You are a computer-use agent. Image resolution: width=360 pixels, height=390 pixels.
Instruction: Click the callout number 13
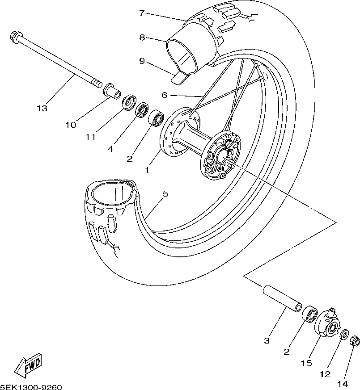(42, 109)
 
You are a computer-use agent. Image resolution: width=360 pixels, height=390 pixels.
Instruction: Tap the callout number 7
(142, 13)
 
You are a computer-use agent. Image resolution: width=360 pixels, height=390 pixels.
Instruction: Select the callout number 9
(142, 61)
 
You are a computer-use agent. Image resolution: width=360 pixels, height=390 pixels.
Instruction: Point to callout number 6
(164, 95)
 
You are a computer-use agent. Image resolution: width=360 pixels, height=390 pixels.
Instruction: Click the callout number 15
(306, 363)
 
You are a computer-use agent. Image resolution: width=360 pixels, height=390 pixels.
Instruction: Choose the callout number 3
(267, 341)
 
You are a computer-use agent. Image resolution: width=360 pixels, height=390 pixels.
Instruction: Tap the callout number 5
(165, 194)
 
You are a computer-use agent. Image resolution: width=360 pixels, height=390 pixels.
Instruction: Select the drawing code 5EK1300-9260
(31, 387)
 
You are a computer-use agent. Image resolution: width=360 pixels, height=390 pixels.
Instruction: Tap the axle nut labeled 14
(355, 341)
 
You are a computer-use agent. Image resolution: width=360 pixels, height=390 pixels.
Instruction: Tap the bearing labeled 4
(143, 110)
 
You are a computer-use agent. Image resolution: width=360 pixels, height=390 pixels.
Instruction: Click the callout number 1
(147, 170)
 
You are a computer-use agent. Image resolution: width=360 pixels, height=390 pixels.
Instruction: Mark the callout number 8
(142, 38)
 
